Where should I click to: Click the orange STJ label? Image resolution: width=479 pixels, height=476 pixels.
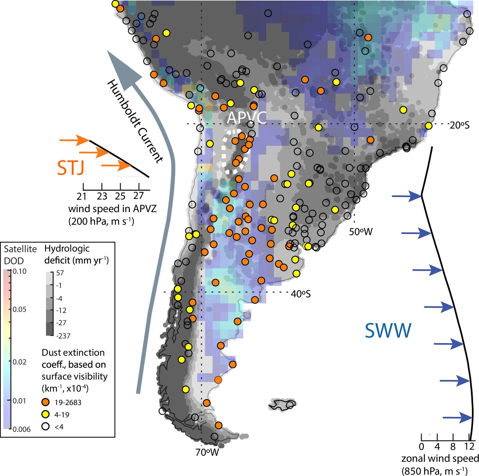[71, 168]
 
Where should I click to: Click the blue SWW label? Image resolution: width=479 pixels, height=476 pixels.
[388, 330]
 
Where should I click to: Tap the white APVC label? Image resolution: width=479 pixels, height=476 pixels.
[246, 118]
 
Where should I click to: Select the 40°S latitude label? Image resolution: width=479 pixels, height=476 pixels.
[300, 294]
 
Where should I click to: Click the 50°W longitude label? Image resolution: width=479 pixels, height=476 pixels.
[361, 232]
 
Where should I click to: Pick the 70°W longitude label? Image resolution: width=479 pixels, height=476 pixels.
[207, 452]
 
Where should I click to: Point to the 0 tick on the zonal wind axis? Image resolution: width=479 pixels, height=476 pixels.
[421, 447]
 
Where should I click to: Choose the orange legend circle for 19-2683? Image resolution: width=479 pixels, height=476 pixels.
[46, 402]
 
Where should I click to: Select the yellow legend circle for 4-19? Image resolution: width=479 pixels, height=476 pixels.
[46, 414]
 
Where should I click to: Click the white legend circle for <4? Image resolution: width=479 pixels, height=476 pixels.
[46, 426]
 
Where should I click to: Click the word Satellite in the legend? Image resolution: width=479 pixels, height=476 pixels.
[20, 249]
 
